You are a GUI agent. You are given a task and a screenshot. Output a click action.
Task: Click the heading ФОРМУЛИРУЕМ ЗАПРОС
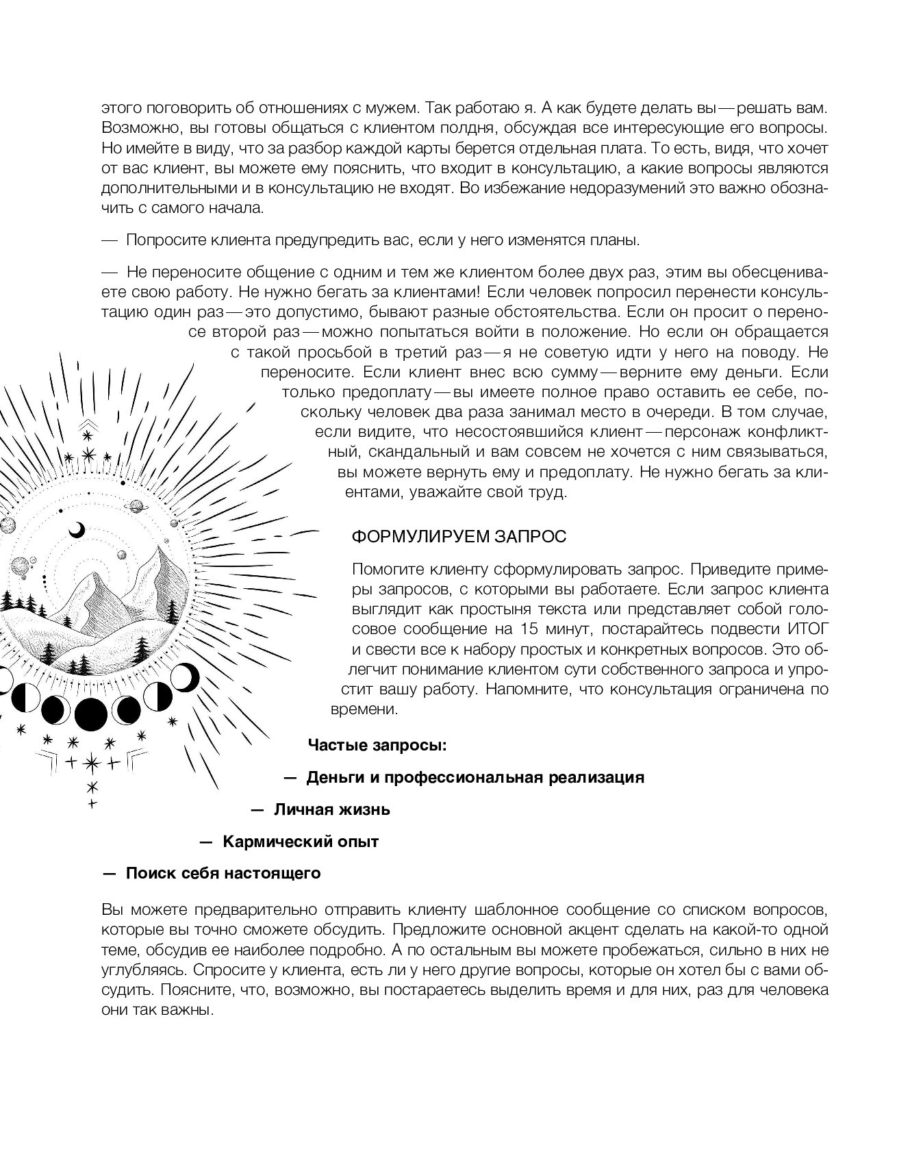coord(459,536)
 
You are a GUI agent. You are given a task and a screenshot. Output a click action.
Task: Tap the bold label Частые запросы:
coord(377,745)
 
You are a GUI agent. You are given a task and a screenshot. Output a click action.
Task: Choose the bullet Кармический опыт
coord(301,842)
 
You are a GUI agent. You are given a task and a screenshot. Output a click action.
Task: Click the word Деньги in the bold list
coord(333,777)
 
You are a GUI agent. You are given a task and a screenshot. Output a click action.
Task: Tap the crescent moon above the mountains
coord(78,530)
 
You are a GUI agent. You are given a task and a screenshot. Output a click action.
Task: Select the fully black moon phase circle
coord(91,714)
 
